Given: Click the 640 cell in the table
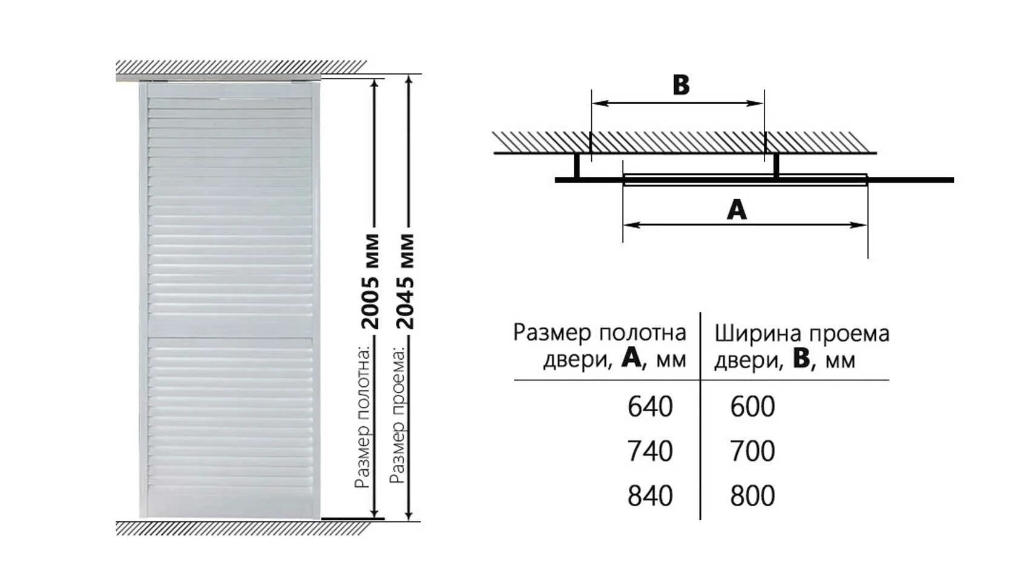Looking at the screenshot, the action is click(x=649, y=407).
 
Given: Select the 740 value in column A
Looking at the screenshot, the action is click(x=649, y=452).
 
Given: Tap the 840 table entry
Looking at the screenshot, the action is click(x=649, y=496).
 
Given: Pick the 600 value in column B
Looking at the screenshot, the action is click(x=752, y=407).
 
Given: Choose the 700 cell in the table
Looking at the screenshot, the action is click(x=752, y=452).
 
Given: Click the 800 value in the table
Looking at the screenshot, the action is click(x=752, y=496).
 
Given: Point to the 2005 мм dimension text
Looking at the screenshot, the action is click(x=370, y=281).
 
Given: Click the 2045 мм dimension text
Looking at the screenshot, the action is click(x=406, y=281).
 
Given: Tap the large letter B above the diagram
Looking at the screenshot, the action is click(x=681, y=85).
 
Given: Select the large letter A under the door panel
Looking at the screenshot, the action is click(x=737, y=210).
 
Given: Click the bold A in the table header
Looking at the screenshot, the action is click(x=631, y=359).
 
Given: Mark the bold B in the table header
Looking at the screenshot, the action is click(x=801, y=359).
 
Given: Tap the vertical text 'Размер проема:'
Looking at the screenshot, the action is click(x=398, y=415).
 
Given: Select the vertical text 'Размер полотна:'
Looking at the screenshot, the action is click(x=363, y=417).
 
